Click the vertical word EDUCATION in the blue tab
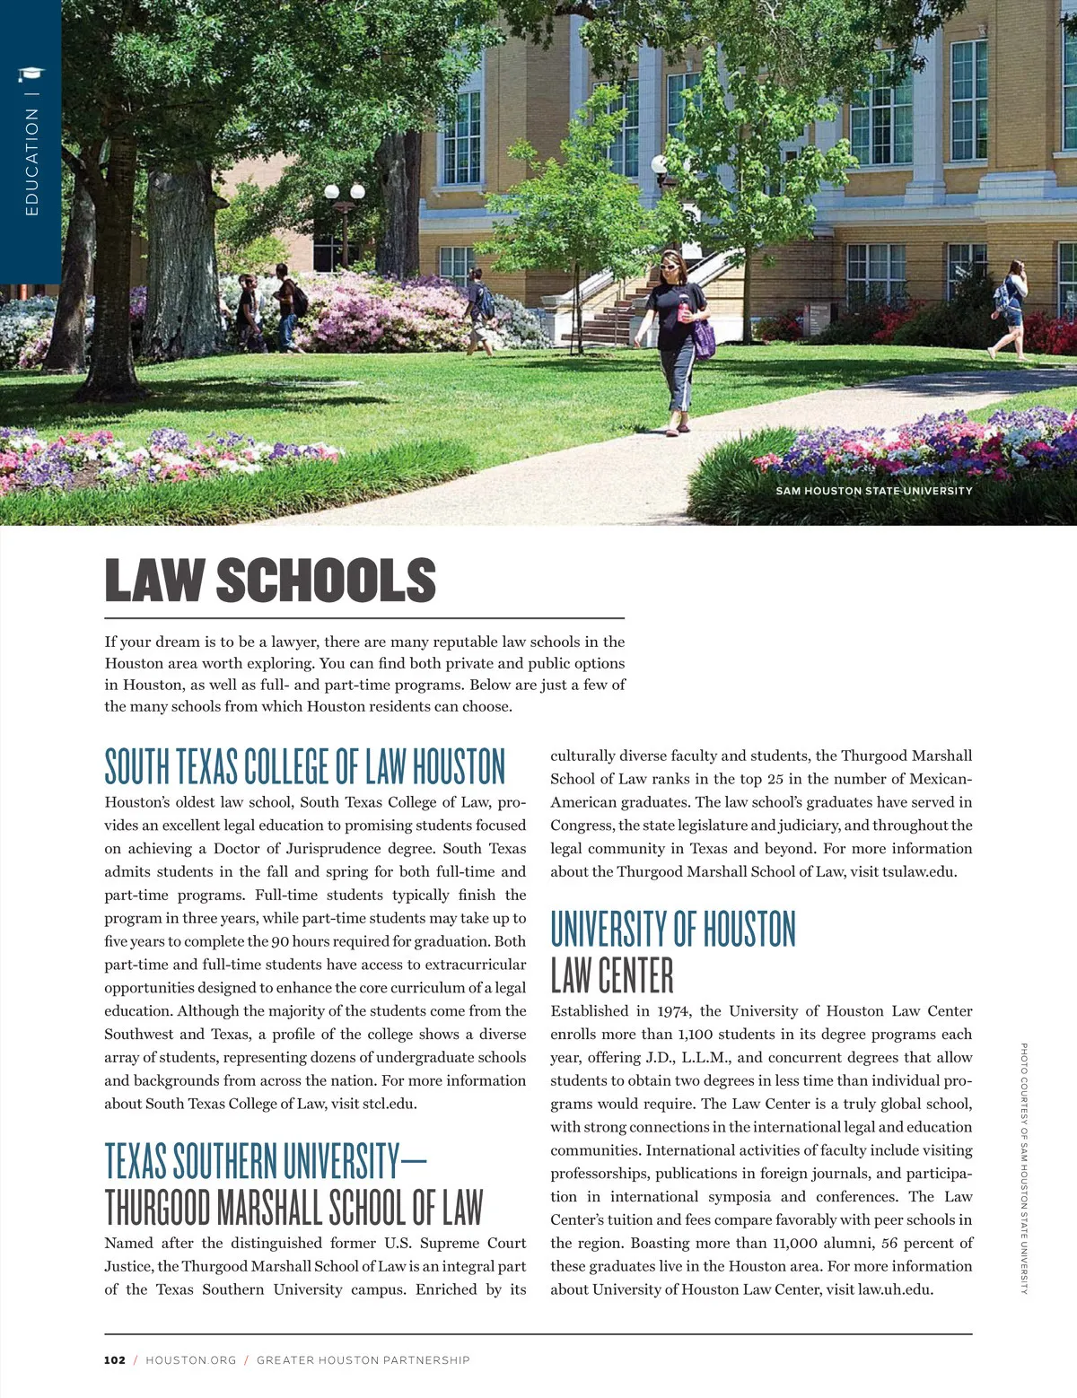(32, 162)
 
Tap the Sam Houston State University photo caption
(873, 491)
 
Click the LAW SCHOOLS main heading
(270, 581)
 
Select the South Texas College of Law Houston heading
(305, 767)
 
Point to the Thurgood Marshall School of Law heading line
(293, 1208)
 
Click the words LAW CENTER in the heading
(612, 975)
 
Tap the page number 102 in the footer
(115, 1360)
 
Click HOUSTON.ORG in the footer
(191, 1360)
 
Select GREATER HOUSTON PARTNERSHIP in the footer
(363, 1360)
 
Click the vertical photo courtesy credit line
(1024, 1167)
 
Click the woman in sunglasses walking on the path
(678, 341)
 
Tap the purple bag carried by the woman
(704, 338)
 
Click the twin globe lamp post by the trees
(345, 215)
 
